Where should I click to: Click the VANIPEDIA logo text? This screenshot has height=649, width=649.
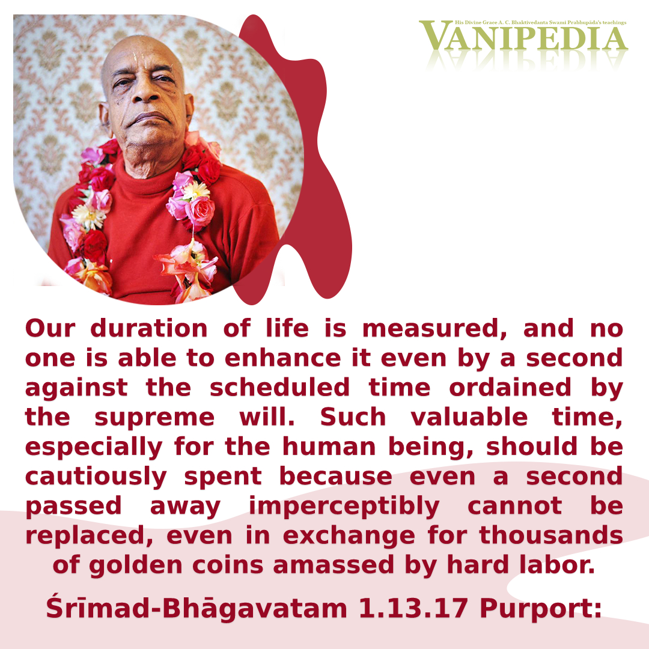point(523,37)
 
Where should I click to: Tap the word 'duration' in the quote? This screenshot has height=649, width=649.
point(149,329)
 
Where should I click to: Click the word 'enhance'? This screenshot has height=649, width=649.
point(282,358)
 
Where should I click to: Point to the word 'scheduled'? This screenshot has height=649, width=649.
point(280,388)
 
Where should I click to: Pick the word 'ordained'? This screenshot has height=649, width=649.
point(510,388)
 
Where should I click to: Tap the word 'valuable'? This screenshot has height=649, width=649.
point(469,417)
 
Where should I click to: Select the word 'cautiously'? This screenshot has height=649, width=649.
point(96,477)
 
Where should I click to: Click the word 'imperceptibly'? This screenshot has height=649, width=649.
point(344,507)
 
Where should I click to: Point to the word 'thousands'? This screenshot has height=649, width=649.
point(551,535)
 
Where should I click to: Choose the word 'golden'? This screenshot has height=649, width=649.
point(136,566)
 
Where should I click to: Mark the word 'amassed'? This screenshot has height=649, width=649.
point(334,565)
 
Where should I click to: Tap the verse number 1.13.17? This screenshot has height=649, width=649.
point(413,609)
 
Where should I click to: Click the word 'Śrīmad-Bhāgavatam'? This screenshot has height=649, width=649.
point(197,609)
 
